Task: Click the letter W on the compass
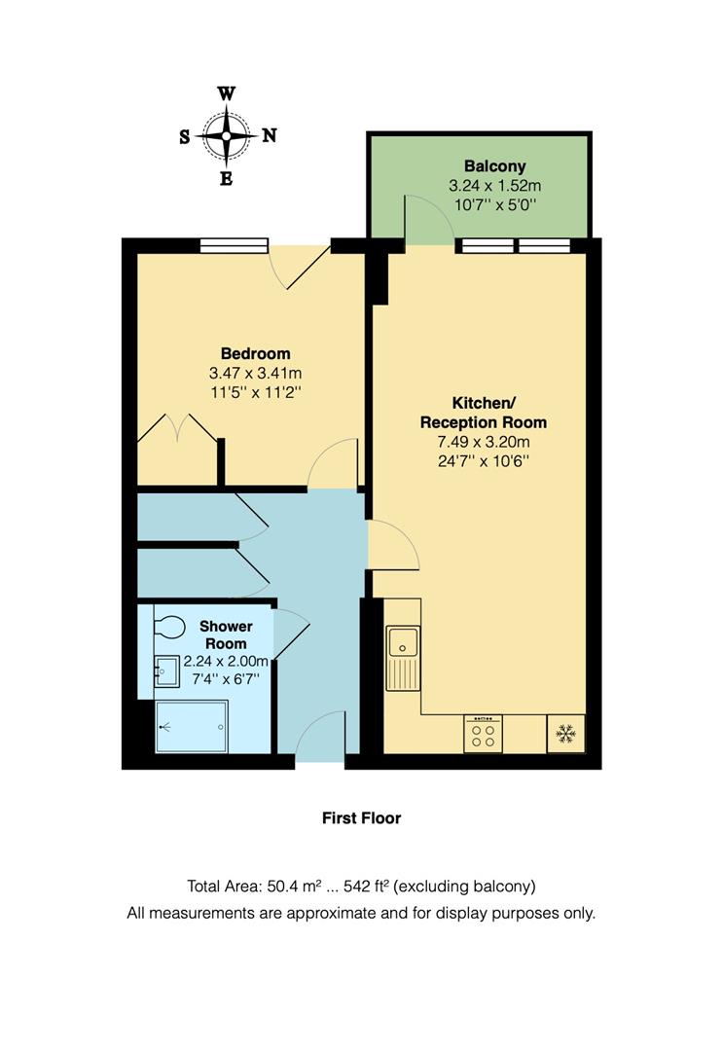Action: point(226,94)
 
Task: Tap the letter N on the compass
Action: point(270,136)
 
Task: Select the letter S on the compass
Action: point(184,137)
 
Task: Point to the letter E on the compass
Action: point(226,178)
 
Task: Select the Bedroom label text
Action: point(255,353)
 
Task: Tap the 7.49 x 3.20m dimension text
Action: point(483,441)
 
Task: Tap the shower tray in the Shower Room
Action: point(194,726)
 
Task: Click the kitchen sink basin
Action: point(401,642)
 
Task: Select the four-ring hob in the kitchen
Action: point(483,735)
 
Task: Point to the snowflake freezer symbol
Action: point(564,735)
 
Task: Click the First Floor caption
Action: point(361,818)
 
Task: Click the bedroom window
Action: point(234,245)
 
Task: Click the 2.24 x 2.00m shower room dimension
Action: point(226,662)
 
